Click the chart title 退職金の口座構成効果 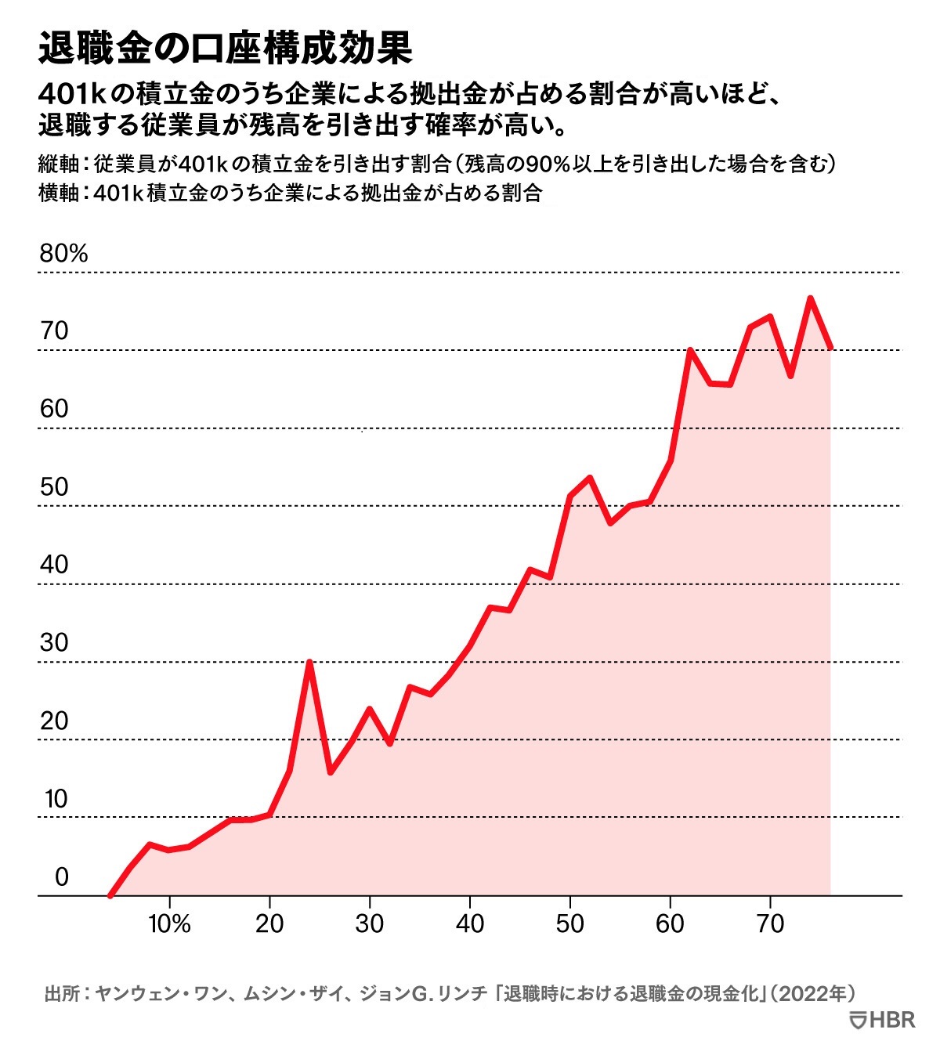[225, 49]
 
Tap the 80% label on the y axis [63, 253]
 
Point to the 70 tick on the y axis [55, 331]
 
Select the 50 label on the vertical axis [55, 486]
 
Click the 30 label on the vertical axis [55, 642]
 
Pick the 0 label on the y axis [62, 876]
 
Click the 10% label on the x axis [169, 923]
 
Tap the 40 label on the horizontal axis [469, 923]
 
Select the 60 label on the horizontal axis [670, 923]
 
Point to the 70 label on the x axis [770, 923]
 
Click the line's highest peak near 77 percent [810, 298]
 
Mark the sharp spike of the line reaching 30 [310, 662]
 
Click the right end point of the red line [830, 347]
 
